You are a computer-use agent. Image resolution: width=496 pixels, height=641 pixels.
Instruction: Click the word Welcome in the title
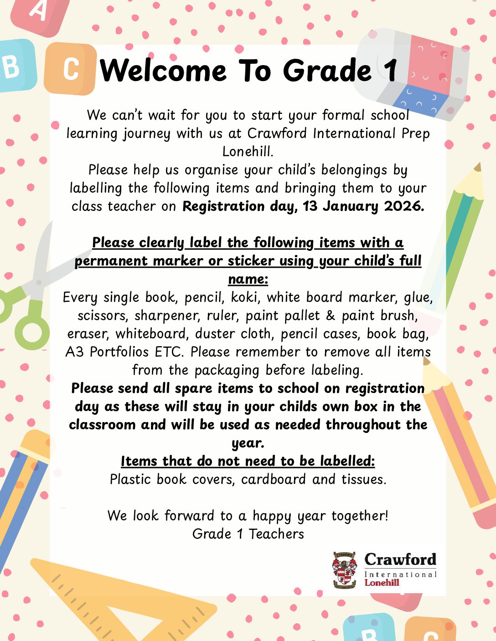[163, 71]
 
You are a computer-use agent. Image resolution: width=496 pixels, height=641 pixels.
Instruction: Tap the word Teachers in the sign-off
[276, 534]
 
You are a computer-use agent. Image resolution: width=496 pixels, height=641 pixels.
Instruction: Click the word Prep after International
[415, 133]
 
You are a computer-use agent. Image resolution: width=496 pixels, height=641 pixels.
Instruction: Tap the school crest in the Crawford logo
[345, 570]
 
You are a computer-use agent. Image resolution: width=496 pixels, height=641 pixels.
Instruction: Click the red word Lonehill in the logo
[382, 582]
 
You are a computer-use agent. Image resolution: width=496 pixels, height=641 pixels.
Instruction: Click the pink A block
[41, 14]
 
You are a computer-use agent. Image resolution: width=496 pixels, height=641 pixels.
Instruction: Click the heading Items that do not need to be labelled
[248, 461]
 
